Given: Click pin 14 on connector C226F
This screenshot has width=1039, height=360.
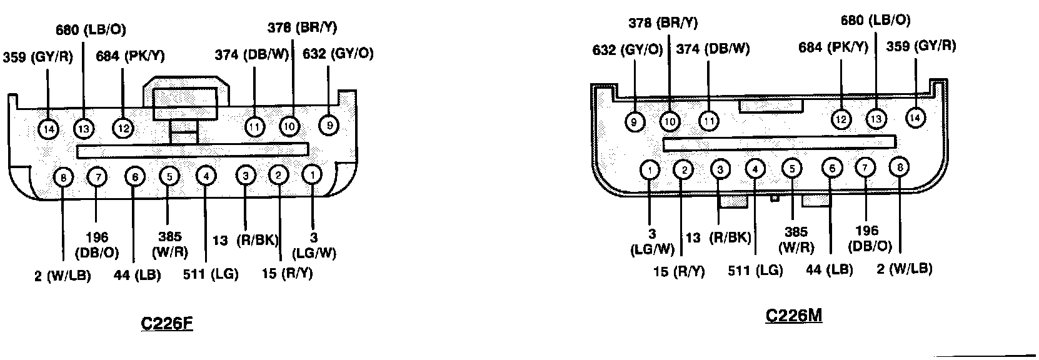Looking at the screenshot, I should [49, 129].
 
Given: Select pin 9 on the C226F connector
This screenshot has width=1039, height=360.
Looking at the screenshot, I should [329, 126].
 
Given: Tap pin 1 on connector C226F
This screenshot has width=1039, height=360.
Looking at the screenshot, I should [311, 176].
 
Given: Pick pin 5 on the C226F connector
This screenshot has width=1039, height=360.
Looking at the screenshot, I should [169, 176].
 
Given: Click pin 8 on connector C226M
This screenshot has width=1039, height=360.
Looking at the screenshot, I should [899, 167].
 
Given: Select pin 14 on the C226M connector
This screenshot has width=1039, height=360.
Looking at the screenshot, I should [916, 117].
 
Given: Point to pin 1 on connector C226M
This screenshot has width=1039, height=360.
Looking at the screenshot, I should [650, 169].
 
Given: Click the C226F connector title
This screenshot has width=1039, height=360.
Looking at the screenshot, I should [167, 324].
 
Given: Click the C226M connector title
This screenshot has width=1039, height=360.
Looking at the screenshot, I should [793, 316].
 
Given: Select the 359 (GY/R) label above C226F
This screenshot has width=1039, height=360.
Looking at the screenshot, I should [38, 57].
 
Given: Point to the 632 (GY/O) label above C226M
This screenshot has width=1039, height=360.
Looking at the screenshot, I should [627, 50].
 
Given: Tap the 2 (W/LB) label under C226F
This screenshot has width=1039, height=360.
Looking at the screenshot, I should [63, 276].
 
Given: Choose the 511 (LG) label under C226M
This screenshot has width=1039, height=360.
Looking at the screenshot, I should [755, 271].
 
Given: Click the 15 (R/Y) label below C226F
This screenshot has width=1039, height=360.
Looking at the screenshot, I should [287, 274].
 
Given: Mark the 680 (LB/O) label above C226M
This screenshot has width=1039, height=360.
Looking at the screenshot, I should [875, 21].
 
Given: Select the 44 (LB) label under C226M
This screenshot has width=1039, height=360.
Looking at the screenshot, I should [830, 270].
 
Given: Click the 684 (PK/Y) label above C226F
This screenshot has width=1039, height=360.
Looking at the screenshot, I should [130, 56].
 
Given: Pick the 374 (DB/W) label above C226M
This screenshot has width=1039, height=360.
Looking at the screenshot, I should [713, 49].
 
